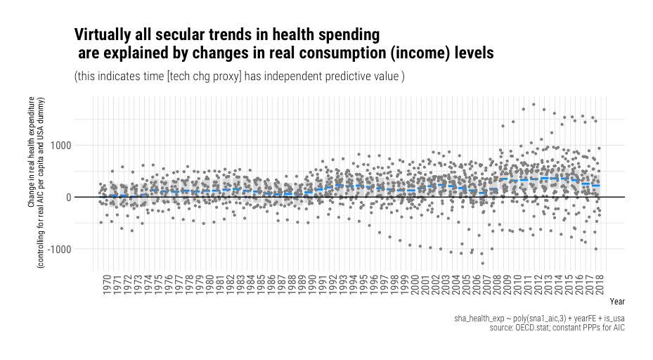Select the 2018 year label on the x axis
click(599, 284)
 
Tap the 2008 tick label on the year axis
click(494, 284)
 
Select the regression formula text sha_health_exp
click(481, 319)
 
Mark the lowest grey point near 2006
click(482, 263)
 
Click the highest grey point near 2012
click(534, 105)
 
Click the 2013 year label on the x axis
click(547, 284)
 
